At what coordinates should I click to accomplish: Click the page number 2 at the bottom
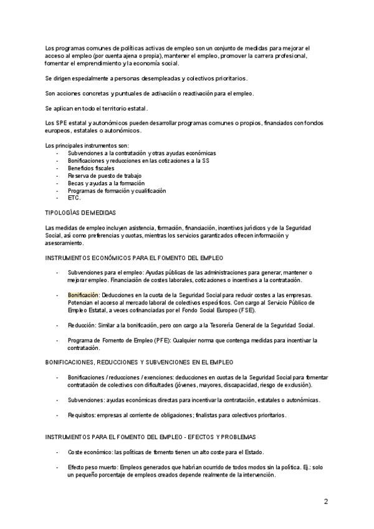[325, 501]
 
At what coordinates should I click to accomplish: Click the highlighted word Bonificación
[84, 294]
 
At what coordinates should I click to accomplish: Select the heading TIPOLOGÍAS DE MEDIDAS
[81, 213]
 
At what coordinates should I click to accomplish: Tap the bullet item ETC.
[74, 198]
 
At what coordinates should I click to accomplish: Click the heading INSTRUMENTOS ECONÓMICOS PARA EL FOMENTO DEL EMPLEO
[134, 258]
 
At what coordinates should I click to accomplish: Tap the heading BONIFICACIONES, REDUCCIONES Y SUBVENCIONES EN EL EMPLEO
[139, 362]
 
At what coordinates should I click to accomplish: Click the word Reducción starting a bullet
[82, 325]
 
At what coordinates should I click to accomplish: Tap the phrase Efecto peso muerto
[92, 467]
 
